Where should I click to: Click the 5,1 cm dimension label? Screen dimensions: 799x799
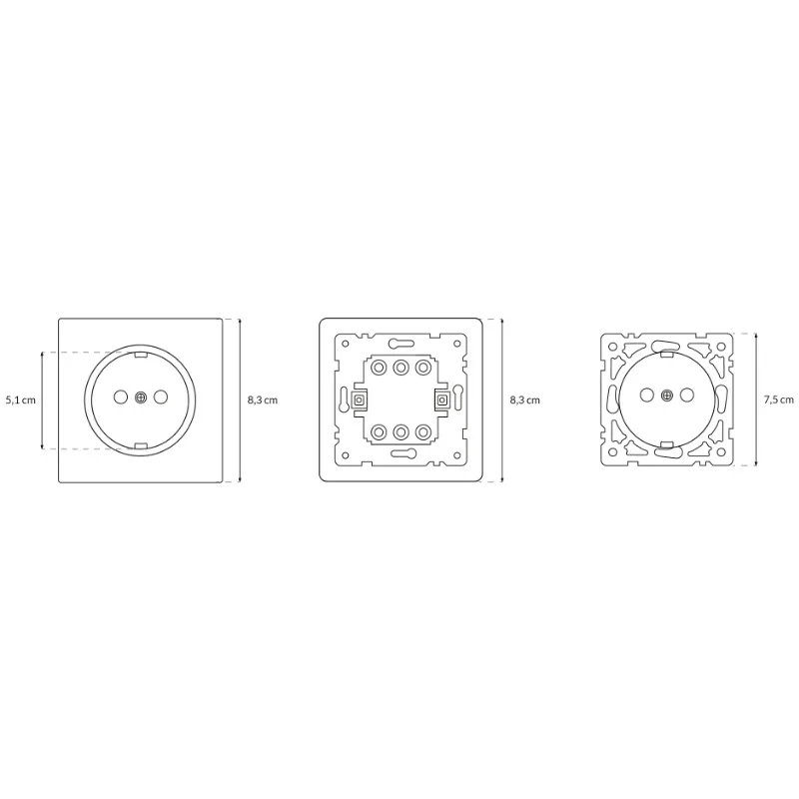tap(20, 399)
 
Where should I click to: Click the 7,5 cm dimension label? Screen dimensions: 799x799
tap(779, 399)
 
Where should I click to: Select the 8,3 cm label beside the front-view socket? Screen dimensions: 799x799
tap(262, 399)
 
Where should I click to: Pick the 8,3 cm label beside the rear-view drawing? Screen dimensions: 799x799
tap(524, 399)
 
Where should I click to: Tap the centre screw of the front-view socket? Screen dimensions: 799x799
tap(140, 399)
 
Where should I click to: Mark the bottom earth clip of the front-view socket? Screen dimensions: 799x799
tap(140, 444)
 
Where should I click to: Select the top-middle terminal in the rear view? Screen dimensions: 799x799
tap(400, 368)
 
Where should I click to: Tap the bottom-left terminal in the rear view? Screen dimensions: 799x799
tap(379, 431)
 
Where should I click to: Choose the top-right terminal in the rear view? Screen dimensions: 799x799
tap(422, 368)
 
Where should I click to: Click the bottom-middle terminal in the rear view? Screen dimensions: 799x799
tap(400, 431)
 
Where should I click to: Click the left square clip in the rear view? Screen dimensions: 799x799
tap(360, 399)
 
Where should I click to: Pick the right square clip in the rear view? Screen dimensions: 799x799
tap(441, 399)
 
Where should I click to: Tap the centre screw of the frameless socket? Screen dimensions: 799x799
tap(666, 399)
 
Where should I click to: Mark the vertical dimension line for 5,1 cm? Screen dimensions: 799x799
tap(42, 399)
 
